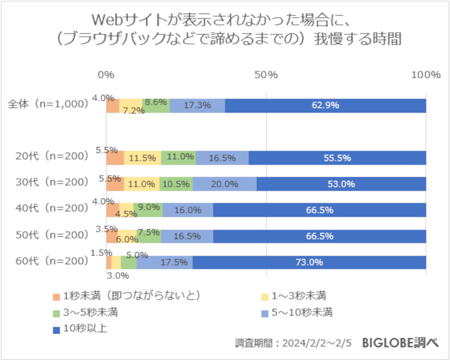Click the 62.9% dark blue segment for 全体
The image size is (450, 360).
click(x=325, y=105)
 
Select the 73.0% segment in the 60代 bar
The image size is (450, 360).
click(x=309, y=262)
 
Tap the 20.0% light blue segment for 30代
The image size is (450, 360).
click(x=224, y=184)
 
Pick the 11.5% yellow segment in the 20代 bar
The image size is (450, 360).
click(x=142, y=158)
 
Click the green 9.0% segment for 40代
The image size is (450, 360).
click(x=148, y=210)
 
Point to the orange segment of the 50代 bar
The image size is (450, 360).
click(x=111, y=236)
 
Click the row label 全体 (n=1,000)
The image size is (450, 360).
click(x=48, y=105)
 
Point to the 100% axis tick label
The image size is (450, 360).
click(x=426, y=75)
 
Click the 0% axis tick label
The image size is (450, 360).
click(x=106, y=75)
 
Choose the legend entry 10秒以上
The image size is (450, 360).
click(x=84, y=328)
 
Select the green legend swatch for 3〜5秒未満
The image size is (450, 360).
click(x=56, y=312)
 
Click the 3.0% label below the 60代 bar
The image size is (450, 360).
click(x=119, y=276)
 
